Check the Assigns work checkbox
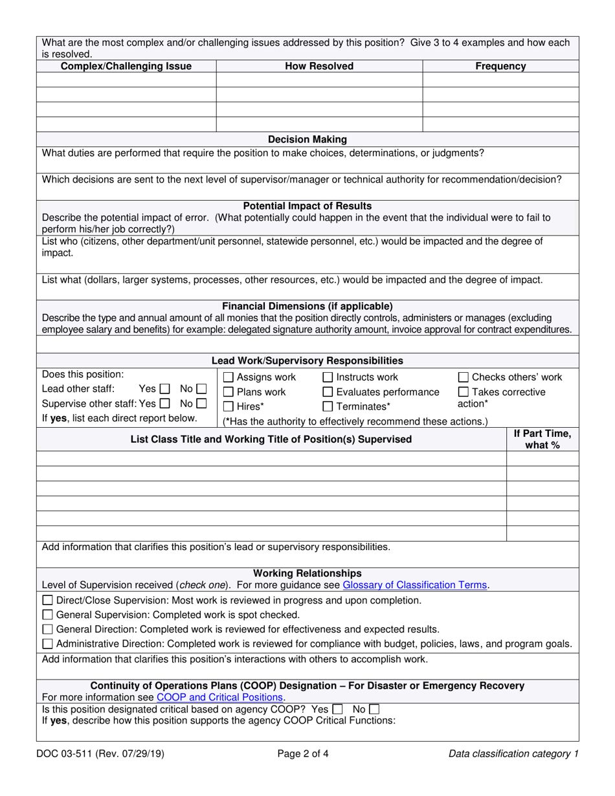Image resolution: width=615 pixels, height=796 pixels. point(228,377)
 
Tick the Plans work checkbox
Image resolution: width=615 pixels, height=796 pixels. point(228,392)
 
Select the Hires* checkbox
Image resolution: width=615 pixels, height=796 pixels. point(228,407)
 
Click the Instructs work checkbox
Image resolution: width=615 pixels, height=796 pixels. point(327,377)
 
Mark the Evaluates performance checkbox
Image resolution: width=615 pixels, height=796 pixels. point(327,392)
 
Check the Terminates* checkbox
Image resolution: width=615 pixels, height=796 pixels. point(327,407)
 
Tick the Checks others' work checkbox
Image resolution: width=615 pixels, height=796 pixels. point(463,377)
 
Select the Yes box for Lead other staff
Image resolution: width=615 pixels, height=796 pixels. point(164,390)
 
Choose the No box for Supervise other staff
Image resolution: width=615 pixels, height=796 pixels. point(201,404)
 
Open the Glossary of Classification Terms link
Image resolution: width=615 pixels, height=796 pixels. point(414,585)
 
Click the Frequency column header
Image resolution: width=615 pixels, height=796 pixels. point(500,66)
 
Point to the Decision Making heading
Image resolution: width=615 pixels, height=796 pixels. point(307,139)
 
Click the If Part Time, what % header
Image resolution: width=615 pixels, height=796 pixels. point(542,439)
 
